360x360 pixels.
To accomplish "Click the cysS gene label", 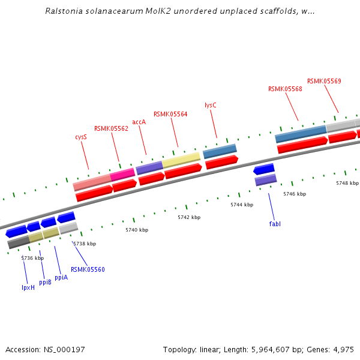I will (81, 137).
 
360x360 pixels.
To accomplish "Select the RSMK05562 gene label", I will (111, 128).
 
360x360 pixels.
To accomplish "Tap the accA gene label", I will (139, 122).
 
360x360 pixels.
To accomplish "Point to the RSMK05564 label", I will (170, 114).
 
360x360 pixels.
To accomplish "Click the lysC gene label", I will (210, 105).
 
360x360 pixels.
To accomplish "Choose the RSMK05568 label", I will (285, 89).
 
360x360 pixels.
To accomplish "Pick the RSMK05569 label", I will (324, 82).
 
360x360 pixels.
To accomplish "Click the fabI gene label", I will (275, 224).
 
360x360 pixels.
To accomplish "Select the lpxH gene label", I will (28, 287).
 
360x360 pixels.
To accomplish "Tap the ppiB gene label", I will (46, 282).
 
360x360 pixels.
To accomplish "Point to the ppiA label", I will (61, 278).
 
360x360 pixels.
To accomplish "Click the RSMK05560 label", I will (88, 270).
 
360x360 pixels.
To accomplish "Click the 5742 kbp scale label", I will (188, 217).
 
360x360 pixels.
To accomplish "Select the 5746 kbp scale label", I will (295, 194).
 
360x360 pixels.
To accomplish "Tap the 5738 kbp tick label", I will (85, 244).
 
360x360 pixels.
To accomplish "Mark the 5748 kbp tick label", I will (347, 183).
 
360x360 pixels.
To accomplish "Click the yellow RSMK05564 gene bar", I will (181, 159).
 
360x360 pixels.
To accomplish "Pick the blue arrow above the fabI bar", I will (264, 169).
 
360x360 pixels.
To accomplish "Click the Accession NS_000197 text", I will (46, 349).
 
